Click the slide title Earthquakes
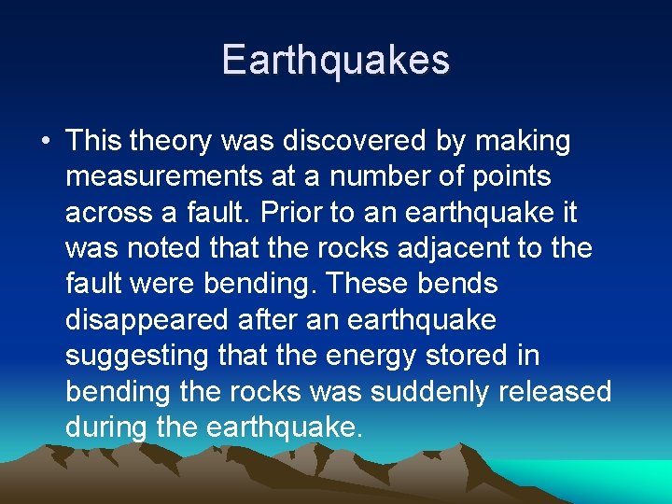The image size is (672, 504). [336, 61]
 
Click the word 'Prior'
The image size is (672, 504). [290, 213]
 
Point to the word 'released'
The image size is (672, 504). [556, 391]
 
